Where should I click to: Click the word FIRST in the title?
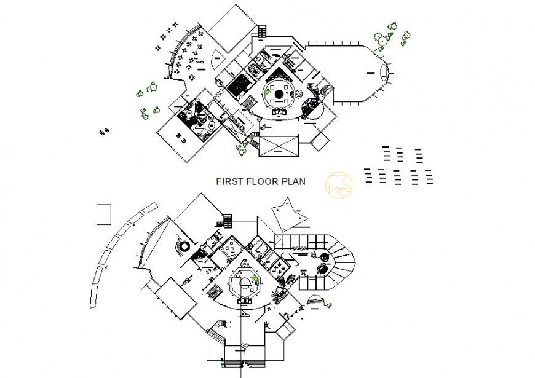[x=229, y=182]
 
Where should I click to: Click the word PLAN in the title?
[x=294, y=182]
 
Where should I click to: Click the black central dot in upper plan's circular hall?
[x=278, y=93]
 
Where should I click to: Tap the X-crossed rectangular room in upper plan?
[x=279, y=145]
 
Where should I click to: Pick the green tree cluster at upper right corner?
[x=391, y=36]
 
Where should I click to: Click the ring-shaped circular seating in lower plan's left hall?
[x=183, y=246]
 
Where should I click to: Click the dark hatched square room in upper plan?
[x=237, y=85]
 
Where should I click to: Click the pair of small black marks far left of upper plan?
[x=103, y=130]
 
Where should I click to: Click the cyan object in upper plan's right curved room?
[x=316, y=100]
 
